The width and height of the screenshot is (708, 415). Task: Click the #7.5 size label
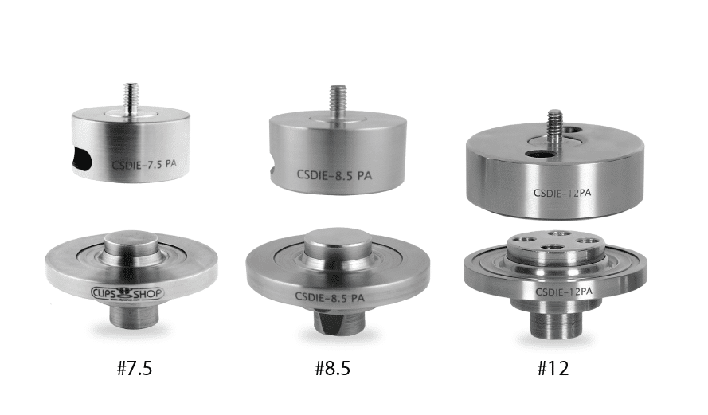pos(135,369)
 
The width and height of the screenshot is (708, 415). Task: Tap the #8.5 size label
pos(332,369)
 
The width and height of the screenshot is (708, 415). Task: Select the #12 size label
pos(553,369)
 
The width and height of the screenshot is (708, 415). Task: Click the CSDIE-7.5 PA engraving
pos(144,164)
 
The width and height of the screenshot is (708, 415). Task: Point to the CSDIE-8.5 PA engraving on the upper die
pos(334,174)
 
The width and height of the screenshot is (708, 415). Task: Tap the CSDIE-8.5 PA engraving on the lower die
pos(330,297)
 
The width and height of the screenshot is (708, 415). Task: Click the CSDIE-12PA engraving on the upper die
pos(562,193)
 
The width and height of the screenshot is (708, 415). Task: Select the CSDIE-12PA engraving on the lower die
pos(564,292)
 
